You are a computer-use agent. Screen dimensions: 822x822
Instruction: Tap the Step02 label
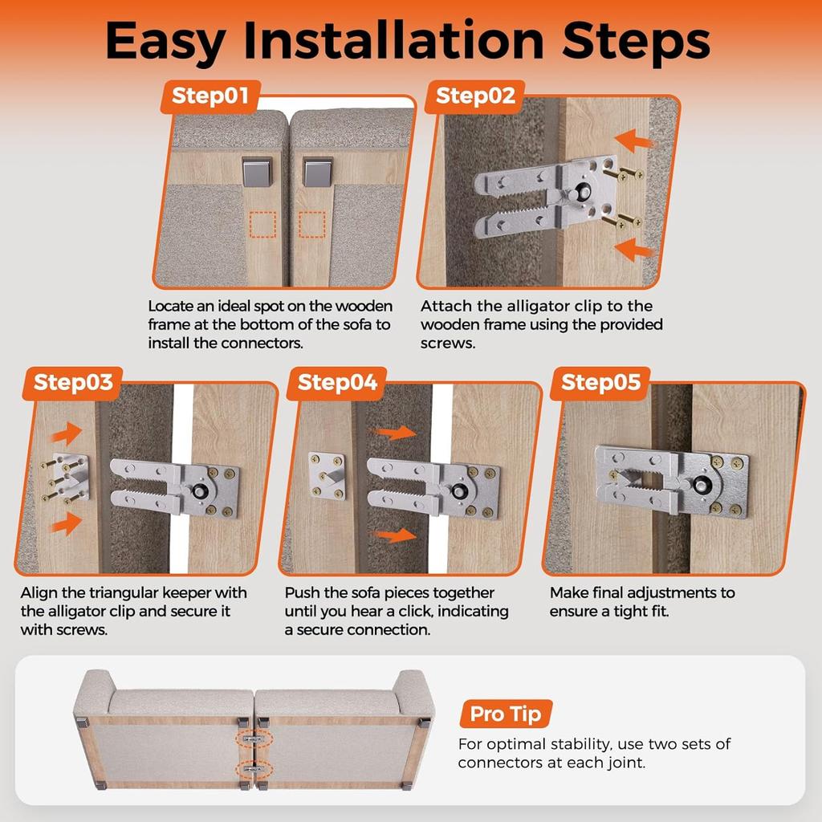[x=475, y=97]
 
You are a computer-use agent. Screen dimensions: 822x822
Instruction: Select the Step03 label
[x=73, y=384]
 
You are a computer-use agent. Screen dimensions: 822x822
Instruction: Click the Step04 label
[x=337, y=384]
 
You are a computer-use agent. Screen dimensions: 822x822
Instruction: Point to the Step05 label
[x=601, y=384]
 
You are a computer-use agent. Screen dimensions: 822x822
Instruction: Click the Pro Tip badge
[x=506, y=714]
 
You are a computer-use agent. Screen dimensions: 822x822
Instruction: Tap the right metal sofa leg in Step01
[x=317, y=170]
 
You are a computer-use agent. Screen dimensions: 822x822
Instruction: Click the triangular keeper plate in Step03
[x=70, y=477]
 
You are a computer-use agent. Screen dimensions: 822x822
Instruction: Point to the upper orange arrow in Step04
[x=398, y=433]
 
